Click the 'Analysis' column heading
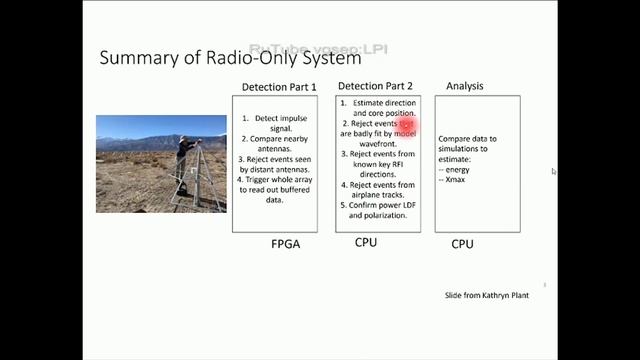pos(465,86)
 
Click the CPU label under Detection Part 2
pos(366,242)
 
